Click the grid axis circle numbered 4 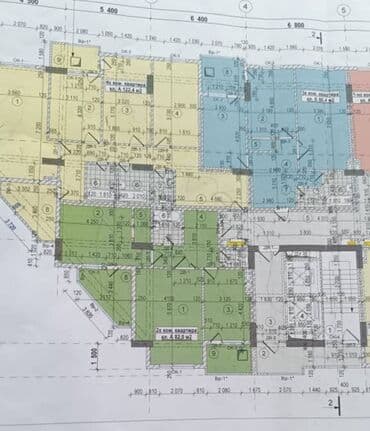(245, 5)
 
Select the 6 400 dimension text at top (197, 19)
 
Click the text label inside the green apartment (178, 335)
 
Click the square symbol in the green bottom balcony (222, 355)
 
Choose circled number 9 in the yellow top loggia (61, 60)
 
